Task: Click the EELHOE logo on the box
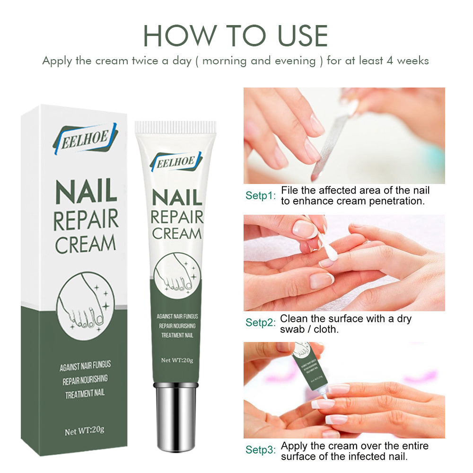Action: pos(85,138)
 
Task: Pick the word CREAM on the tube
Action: pos(176,233)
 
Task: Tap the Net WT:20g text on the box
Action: pos(85,431)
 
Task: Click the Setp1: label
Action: pos(260,195)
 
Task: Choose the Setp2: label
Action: pos(260,323)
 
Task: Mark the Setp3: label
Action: pos(260,450)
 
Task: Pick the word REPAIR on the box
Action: pos(86,219)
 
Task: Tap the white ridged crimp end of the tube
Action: pos(175,127)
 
